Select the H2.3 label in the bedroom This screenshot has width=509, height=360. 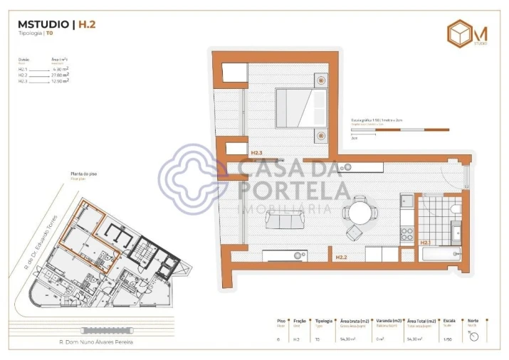[x=257, y=153]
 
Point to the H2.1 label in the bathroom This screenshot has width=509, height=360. [x=426, y=243]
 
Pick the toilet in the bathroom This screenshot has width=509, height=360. [x=456, y=208]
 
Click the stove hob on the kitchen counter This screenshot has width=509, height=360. [x=407, y=232]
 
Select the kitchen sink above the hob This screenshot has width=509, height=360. [x=407, y=202]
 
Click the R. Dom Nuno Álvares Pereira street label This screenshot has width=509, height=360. [x=95, y=342]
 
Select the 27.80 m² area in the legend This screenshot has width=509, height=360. [x=61, y=75]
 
